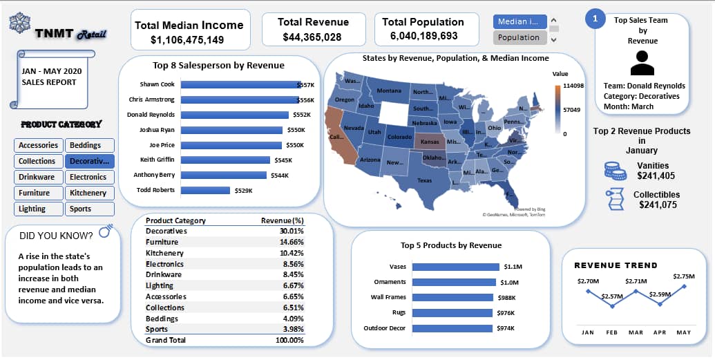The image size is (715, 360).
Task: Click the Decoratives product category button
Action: pos(90,161)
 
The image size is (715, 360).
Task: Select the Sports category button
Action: pos(90,209)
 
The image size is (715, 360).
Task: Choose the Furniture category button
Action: pos(37,193)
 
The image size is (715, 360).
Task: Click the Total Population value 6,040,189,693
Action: pos(423,36)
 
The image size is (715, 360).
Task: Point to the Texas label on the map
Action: pos(424,180)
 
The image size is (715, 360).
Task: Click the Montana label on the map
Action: pos(389,91)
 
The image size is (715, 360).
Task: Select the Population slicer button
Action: pos(519,37)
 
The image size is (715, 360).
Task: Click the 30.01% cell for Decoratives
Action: pos(292,231)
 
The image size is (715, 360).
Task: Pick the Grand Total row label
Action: pos(166,340)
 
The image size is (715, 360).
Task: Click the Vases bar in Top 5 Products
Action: pos(455,267)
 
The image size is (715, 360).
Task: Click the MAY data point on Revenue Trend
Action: pos(684,285)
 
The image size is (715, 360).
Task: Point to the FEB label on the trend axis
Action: pos(612,332)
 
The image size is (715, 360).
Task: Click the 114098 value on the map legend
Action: pos(573,86)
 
